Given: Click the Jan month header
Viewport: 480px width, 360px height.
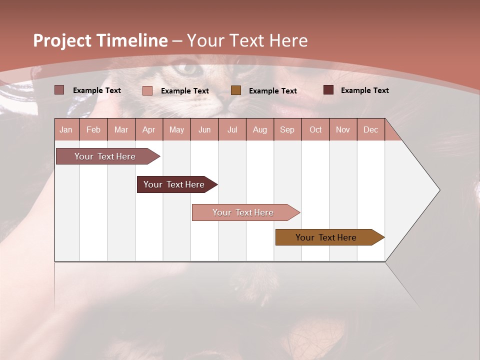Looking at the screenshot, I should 66,129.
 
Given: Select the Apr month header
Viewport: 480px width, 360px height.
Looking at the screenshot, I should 148,129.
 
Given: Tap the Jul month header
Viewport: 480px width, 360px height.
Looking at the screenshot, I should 232,129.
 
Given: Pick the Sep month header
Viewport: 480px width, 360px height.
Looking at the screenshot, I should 287,129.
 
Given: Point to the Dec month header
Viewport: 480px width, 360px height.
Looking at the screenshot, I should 370,129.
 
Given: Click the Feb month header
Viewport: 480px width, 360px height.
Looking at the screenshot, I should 93,129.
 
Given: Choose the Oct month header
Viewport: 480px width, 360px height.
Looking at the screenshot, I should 315,129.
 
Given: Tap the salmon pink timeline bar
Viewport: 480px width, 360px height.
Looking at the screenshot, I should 243,212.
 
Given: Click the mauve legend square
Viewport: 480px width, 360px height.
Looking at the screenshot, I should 59,90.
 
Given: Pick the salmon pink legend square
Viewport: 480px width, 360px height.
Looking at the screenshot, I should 147,90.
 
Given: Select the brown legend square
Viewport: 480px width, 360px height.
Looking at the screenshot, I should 236,90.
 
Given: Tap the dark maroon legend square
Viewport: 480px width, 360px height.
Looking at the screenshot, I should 328,90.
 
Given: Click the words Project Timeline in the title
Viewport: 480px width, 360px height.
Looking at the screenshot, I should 100,40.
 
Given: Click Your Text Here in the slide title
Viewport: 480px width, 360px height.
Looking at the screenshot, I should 247,40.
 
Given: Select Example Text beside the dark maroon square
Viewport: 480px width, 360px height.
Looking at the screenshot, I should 364,90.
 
